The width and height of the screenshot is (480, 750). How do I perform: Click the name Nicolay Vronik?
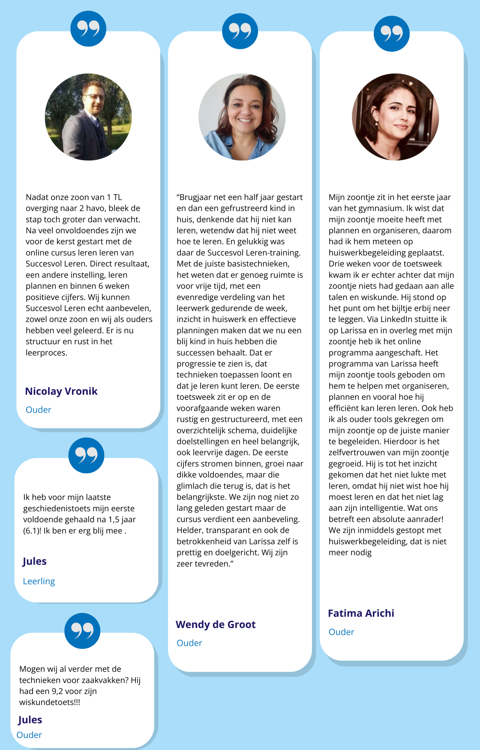[x=61, y=391]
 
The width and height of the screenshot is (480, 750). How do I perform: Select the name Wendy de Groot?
[x=216, y=625]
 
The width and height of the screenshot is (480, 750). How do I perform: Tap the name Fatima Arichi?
[x=361, y=613]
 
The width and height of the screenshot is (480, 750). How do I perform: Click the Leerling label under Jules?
[x=39, y=581]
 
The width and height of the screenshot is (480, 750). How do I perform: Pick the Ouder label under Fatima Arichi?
[x=341, y=632]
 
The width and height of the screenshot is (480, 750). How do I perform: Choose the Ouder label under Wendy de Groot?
[x=189, y=643]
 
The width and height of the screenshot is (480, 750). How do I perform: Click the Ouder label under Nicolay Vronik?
[x=38, y=410]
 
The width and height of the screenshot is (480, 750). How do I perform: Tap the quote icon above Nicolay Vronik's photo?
[x=88, y=29]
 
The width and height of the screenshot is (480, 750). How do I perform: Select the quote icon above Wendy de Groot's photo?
[x=240, y=31]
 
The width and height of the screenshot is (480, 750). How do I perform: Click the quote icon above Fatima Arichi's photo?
[x=391, y=34]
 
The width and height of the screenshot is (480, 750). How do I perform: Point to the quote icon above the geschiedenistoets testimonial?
[x=86, y=455]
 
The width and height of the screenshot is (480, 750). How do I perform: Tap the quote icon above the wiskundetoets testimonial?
[x=82, y=631]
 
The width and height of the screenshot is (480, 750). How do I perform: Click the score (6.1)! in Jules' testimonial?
[x=32, y=531]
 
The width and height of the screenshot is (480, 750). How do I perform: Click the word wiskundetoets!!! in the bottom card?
[x=49, y=702]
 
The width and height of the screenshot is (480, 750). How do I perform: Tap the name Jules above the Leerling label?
[x=34, y=561]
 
